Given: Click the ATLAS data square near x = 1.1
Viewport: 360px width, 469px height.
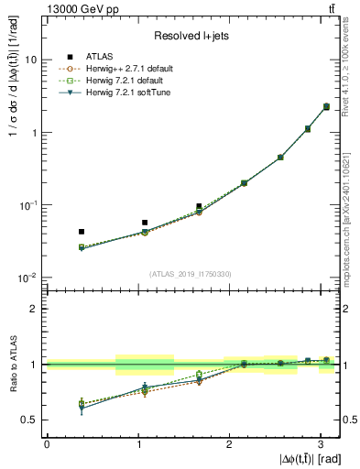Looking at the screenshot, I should click(x=145, y=223).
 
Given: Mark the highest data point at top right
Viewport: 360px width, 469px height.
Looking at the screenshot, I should click(x=327, y=107).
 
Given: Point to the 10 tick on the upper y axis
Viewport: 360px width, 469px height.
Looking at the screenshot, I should click(x=32, y=60).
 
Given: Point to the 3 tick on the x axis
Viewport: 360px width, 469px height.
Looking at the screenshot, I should click(x=321, y=444).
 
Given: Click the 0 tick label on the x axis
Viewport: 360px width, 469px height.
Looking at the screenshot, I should click(x=47, y=444).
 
